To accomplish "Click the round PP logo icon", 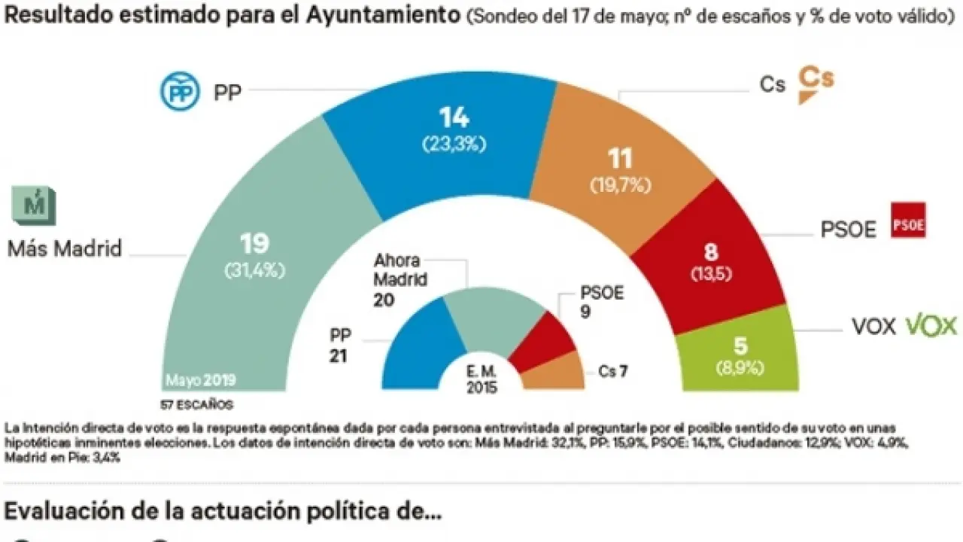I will point(178,92).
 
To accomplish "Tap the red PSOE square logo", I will point(907,221).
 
